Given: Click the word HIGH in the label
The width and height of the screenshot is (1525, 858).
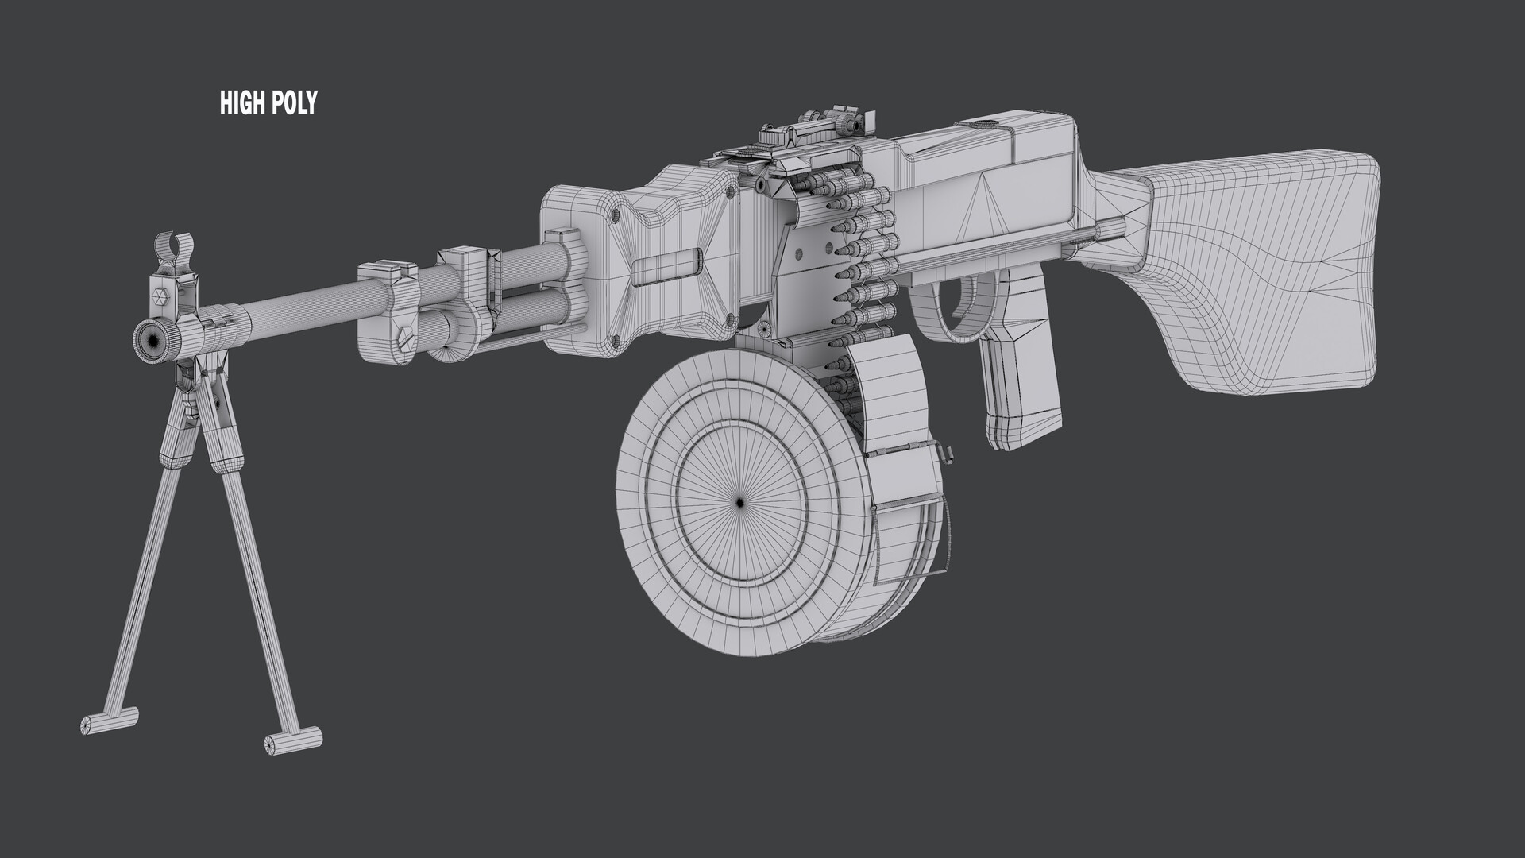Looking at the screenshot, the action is coord(241,102).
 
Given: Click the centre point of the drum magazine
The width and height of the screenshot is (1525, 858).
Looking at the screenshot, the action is coord(739,502).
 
